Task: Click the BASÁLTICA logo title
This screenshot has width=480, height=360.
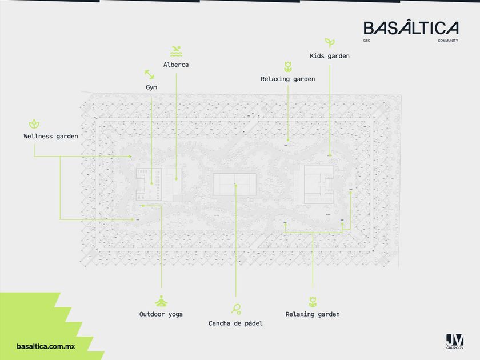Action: click(x=411, y=29)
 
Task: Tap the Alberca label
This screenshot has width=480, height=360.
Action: click(x=176, y=65)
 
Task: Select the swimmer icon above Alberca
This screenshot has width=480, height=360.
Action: click(x=176, y=51)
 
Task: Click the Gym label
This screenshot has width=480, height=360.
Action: click(x=151, y=87)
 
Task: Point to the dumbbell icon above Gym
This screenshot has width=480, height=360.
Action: click(x=150, y=74)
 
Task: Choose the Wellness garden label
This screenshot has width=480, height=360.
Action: click(x=51, y=137)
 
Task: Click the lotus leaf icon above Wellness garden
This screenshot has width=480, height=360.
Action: click(x=34, y=123)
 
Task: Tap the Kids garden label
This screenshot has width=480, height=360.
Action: click(x=330, y=56)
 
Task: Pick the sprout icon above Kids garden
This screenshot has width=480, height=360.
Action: click(x=329, y=42)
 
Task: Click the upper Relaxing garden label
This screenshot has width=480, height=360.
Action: click(x=287, y=79)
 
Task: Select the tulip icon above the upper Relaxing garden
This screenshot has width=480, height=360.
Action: click(x=287, y=66)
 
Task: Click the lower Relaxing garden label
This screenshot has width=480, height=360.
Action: click(x=313, y=314)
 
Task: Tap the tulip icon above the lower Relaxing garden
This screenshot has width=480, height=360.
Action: click(x=313, y=301)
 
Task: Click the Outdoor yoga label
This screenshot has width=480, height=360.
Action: click(x=161, y=314)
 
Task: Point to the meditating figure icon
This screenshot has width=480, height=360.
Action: click(x=161, y=301)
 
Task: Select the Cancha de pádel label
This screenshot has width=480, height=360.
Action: click(x=235, y=323)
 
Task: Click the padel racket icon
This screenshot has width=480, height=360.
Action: click(x=236, y=309)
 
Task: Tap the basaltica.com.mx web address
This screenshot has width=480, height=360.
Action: click(x=46, y=346)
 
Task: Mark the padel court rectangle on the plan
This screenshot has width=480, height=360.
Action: click(x=235, y=184)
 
